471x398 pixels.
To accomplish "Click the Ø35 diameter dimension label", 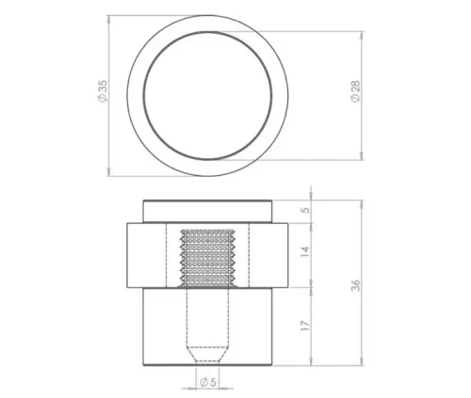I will click(x=101, y=92).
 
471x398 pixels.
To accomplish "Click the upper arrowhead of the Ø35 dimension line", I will click(x=110, y=18).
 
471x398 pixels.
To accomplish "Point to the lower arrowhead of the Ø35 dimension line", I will click(x=110, y=169).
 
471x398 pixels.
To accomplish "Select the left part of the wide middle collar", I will click(x=145, y=254).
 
